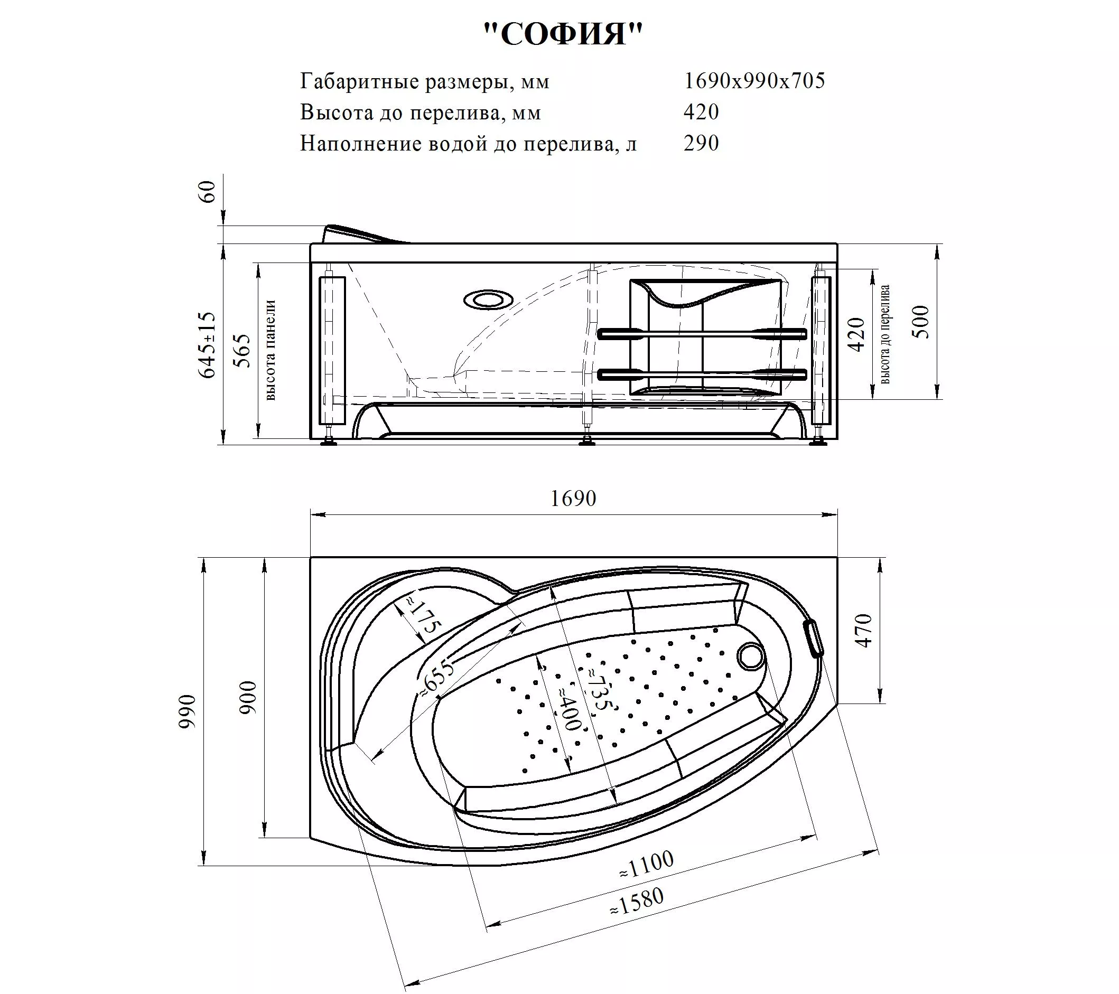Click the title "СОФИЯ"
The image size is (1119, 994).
(563, 34)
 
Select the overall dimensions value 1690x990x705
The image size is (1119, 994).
(754, 81)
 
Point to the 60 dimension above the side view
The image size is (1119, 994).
(209, 192)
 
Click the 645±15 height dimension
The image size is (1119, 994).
(208, 345)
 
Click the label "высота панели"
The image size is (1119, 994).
(271, 350)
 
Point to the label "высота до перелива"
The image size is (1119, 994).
(885, 334)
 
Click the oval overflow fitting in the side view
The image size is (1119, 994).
(488, 300)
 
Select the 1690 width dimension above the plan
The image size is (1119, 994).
(573, 498)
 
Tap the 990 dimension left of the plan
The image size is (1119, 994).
(187, 711)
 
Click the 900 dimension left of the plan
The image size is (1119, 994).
(248, 697)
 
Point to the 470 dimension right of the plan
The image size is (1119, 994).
(863, 631)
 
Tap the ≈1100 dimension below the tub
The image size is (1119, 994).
(647, 865)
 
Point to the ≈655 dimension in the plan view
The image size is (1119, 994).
(437, 680)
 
